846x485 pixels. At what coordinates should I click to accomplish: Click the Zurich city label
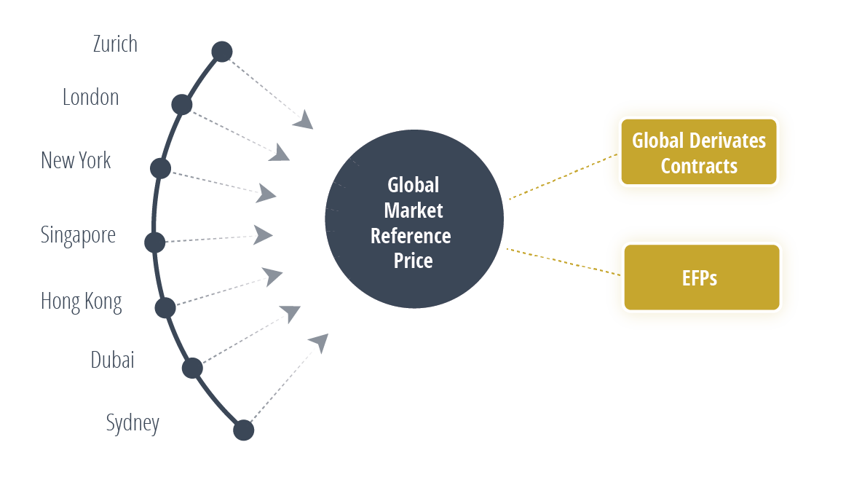115,44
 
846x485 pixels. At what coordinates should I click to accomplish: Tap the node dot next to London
181,105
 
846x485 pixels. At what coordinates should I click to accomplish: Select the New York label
76,160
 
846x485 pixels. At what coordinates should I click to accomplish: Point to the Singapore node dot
155,242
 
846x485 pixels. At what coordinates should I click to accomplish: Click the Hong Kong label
81,301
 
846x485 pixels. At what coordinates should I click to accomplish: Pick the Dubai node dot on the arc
191,368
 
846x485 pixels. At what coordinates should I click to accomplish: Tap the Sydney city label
133,423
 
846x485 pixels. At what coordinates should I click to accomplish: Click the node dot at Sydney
243,430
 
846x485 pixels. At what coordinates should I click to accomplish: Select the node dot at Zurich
221,52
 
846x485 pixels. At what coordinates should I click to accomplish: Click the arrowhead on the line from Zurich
304,120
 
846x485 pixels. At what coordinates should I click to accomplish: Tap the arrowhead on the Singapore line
264,234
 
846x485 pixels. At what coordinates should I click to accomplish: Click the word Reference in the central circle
411,236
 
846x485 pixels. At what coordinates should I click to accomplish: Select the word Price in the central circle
413,261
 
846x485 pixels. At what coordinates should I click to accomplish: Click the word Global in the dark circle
413,185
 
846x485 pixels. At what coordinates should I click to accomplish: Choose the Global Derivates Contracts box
698,152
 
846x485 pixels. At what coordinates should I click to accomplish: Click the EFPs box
701,277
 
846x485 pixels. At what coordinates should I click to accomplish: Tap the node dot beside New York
160,168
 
